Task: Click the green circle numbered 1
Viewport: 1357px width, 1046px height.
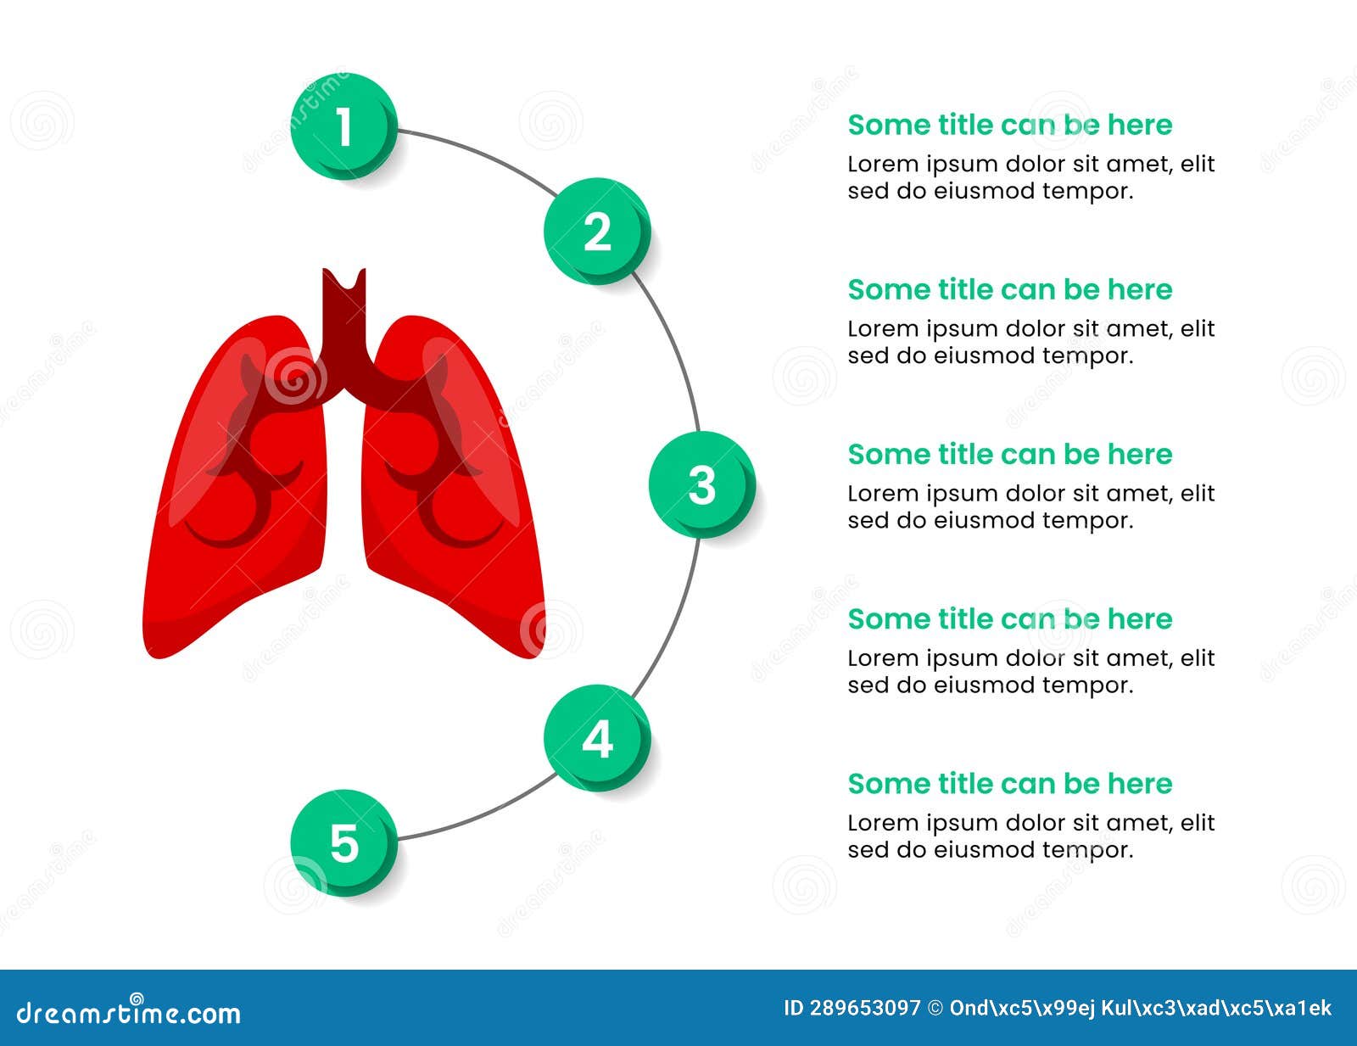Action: click(343, 126)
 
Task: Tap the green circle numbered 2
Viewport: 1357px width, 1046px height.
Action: click(597, 231)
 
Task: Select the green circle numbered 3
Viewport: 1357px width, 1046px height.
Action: click(701, 484)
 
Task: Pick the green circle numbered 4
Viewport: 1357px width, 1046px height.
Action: click(597, 738)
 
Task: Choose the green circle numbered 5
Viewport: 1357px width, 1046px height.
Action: click(343, 842)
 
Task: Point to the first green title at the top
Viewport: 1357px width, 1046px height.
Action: click(1009, 125)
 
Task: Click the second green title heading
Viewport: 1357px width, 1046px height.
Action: click(1009, 289)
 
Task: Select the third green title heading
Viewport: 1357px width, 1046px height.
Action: click(1009, 454)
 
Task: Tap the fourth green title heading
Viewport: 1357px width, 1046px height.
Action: click(1009, 618)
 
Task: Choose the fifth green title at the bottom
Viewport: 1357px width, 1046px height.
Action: click(1009, 783)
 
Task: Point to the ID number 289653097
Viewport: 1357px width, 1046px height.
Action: click(864, 1008)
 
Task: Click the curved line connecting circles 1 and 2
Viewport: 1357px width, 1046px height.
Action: click(479, 152)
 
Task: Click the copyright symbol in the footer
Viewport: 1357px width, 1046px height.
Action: click(935, 1008)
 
